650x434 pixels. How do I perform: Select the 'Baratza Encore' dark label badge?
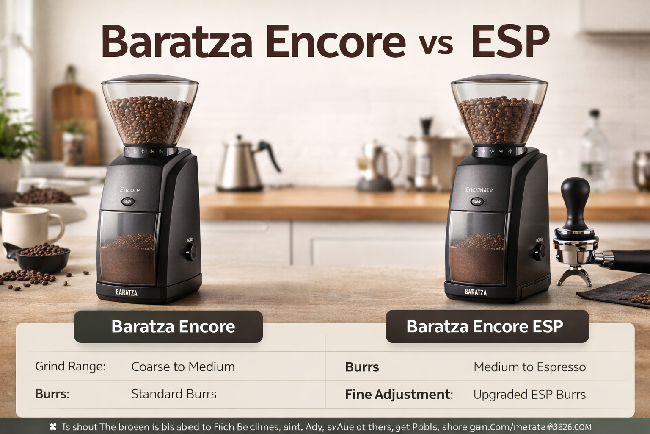pyautogui.click(x=168, y=327)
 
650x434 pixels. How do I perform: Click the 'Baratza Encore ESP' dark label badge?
pyautogui.click(x=487, y=327)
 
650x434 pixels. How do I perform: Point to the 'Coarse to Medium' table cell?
pyautogui.click(x=183, y=367)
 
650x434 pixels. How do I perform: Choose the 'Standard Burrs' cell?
pyautogui.click(x=174, y=394)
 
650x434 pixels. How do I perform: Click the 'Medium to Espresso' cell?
pyautogui.click(x=529, y=367)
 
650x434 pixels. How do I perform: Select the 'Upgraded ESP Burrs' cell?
pyautogui.click(x=529, y=395)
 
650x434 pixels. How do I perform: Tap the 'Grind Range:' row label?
pyautogui.click(x=70, y=366)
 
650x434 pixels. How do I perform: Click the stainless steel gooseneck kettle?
pyautogui.click(x=241, y=165)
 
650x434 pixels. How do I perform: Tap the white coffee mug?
pyautogui.click(x=30, y=227)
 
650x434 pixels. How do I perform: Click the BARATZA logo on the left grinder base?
pyautogui.click(x=126, y=292)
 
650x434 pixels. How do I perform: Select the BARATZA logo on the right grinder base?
pyautogui.click(x=476, y=292)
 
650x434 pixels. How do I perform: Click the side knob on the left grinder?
pyautogui.click(x=191, y=252)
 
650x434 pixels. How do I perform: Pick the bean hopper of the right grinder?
pyautogui.click(x=499, y=112)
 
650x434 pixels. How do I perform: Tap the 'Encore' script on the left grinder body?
pyautogui.click(x=129, y=190)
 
